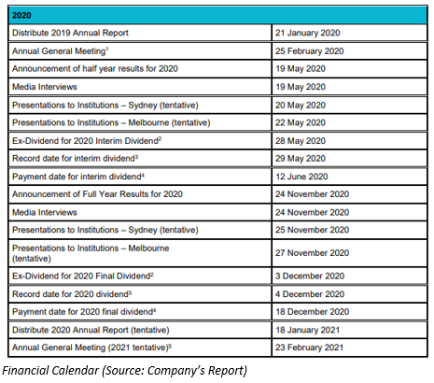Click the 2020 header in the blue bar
pos(21,15)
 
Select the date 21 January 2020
pos(307,33)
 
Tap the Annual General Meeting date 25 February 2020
pos(309,51)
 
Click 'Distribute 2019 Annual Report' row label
pos(70,33)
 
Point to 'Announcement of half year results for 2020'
pos(95,69)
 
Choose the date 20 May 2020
pos(301,106)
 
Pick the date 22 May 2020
pos(301,122)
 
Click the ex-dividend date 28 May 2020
pos(301,141)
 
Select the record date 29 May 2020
pos(301,159)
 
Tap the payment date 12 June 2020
pos(301,177)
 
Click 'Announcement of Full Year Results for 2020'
pos(97,194)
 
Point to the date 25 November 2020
pos(312,230)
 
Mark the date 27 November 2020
pos(312,253)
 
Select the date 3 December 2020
pos(310,277)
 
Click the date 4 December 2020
pos(310,294)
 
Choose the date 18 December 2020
pos(312,312)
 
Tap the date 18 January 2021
pos(307,330)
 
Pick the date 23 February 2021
pos(309,348)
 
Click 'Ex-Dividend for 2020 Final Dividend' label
pos(83,277)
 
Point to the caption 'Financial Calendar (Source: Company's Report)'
pos(125,371)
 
